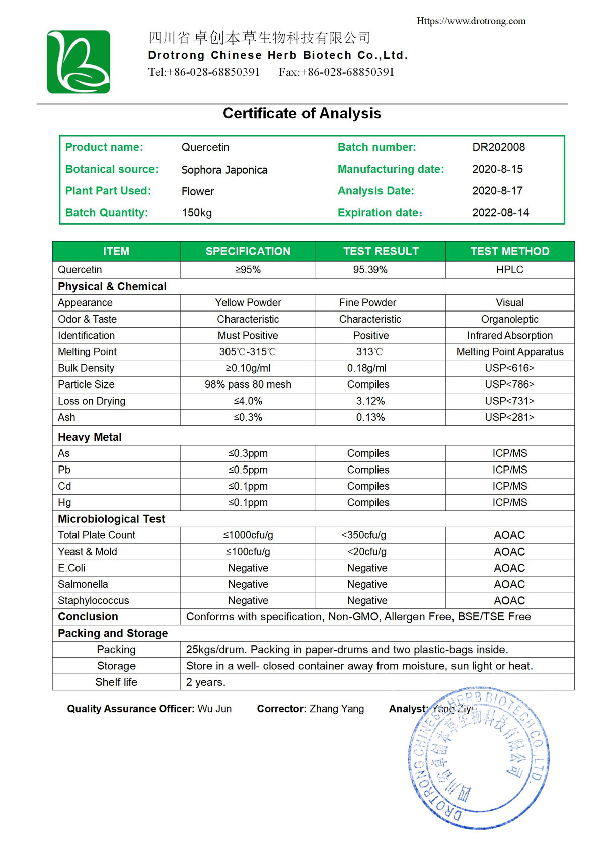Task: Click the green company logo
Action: click(x=79, y=62)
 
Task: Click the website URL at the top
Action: click(x=471, y=21)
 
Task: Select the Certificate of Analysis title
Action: click(x=302, y=113)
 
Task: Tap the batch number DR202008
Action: click(x=498, y=147)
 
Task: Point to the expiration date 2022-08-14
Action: click(x=500, y=213)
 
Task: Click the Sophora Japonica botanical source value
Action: click(x=224, y=170)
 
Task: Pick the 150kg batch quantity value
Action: click(x=197, y=213)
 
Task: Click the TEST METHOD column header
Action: click(x=509, y=251)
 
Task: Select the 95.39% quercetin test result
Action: click(x=370, y=270)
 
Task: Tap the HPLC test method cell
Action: click(x=509, y=270)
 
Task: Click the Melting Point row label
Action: click(x=87, y=352)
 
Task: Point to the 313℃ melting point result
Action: click(x=369, y=352)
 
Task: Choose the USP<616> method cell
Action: click(x=509, y=368)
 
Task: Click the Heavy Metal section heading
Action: click(x=90, y=437)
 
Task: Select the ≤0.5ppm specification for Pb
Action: click(x=248, y=470)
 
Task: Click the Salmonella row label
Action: click(x=83, y=584)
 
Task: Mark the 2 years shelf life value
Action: click(x=205, y=682)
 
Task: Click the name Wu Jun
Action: click(x=214, y=709)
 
